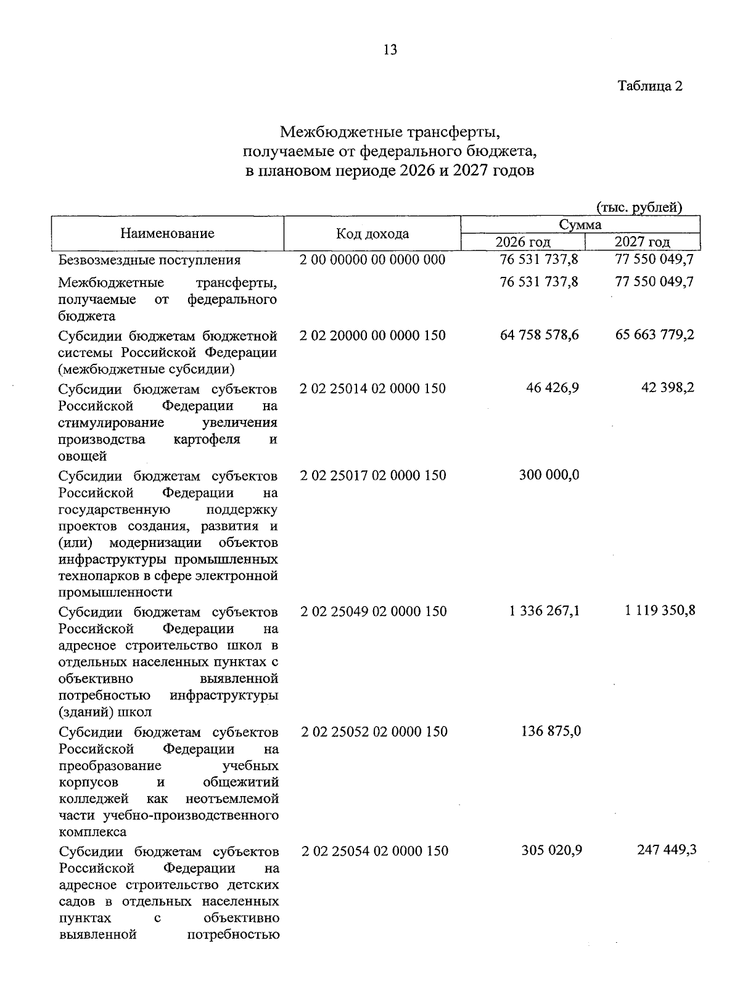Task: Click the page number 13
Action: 390,50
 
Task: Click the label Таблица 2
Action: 650,86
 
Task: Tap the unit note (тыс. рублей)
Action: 639,207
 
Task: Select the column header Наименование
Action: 167,233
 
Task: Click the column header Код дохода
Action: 372,234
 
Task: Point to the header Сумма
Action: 580,224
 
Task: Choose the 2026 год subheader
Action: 523,242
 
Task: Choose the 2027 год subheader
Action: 642,242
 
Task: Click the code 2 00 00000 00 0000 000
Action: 372,260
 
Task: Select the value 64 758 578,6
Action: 540,335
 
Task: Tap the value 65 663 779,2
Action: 655,335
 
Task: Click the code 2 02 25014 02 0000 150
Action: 372,388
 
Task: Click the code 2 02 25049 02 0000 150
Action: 374,611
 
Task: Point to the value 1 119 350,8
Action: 660,611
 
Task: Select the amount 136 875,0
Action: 551,731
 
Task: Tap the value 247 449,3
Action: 667,850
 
